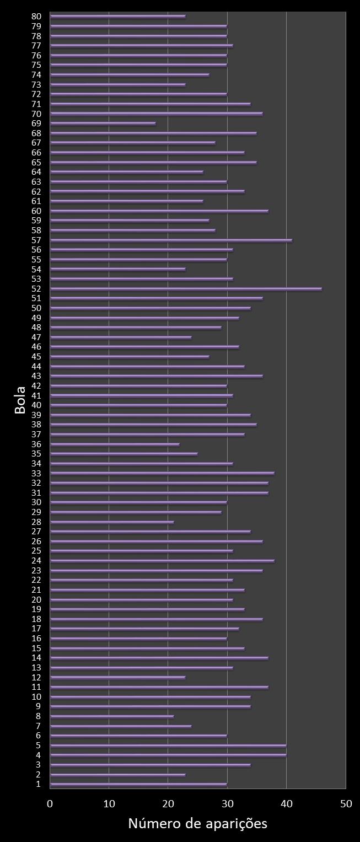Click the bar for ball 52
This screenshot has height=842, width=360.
click(186, 288)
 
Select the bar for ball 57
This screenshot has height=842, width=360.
click(171, 240)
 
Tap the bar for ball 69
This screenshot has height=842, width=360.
click(103, 124)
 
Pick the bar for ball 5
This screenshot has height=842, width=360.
click(168, 746)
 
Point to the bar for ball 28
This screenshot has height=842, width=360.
click(112, 522)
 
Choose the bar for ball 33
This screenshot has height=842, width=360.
click(162, 473)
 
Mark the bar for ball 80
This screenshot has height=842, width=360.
click(117, 16)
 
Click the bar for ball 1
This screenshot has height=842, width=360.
click(138, 784)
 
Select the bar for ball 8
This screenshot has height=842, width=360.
click(112, 716)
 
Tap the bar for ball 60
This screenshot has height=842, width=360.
click(159, 211)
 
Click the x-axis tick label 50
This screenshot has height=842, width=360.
click(346, 804)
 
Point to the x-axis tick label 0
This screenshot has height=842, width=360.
click(50, 804)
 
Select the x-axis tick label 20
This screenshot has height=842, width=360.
click(168, 804)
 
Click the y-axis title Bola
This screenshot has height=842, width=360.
click(20, 400)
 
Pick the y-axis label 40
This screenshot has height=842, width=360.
click(36, 405)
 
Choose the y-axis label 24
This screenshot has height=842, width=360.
click(36, 561)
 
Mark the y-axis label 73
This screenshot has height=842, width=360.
click(36, 84)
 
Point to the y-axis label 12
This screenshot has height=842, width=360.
click(36, 677)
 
